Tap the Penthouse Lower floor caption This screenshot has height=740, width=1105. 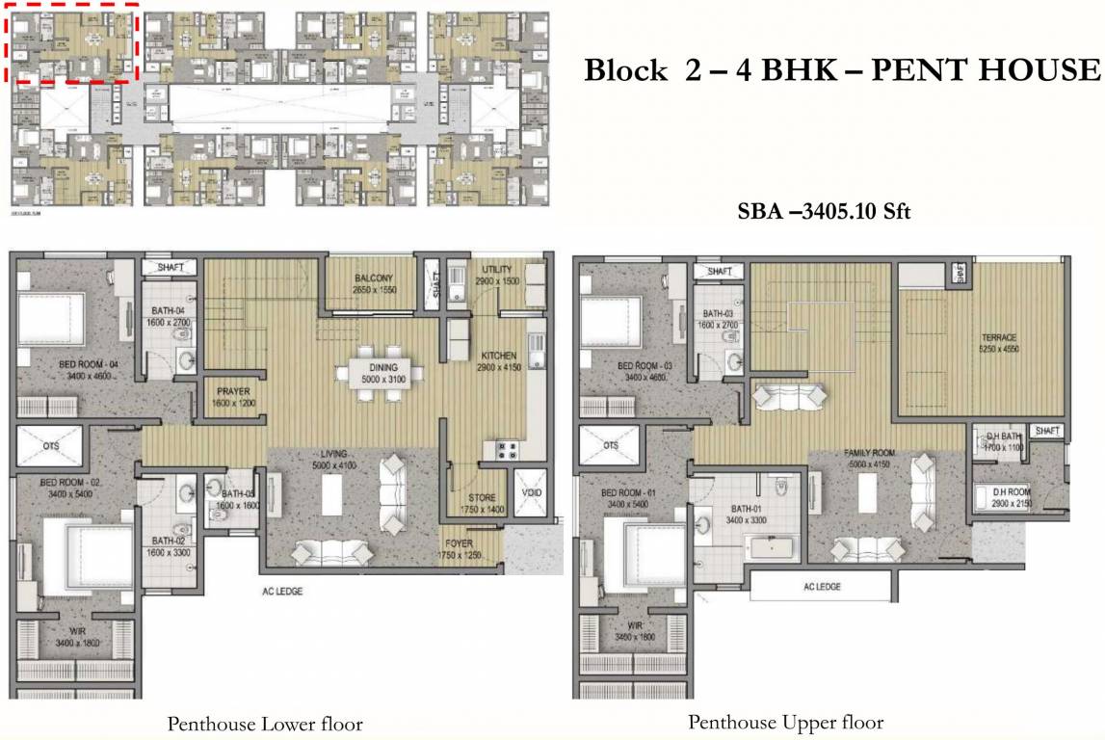(265, 724)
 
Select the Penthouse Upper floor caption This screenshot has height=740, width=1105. (785, 722)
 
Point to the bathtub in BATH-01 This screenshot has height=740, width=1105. (773, 548)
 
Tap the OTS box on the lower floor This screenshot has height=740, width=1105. (51, 446)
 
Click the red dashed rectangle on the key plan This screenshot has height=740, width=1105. (74, 43)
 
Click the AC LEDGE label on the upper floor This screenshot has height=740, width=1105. (822, 586)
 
